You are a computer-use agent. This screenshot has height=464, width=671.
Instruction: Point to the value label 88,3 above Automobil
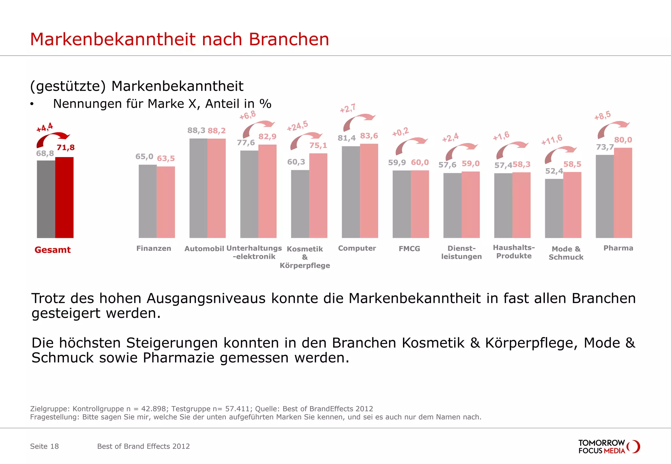click(196, 131)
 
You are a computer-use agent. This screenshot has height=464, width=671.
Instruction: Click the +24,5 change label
click(297, 126)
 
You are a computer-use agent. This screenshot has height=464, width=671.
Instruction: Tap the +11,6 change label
click(552, 140)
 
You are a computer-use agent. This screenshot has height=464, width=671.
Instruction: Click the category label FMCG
click(409, 249)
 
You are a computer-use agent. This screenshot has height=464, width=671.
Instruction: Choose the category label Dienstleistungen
click(461, 252)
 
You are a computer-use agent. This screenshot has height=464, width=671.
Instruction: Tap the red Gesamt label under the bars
click(52, 250)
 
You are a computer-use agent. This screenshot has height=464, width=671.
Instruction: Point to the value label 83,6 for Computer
click(369, 136)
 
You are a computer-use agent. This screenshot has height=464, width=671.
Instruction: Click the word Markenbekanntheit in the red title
click(113, 39)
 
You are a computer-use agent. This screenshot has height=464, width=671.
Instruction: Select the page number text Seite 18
click(44, 446)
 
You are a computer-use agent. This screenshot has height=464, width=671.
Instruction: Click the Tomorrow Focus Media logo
click(609, 447)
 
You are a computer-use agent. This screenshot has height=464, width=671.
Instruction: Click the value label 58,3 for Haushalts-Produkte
click(522, 164)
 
